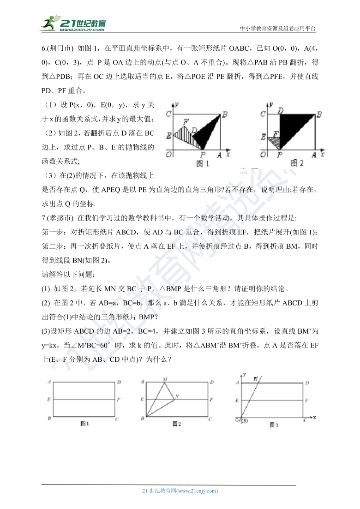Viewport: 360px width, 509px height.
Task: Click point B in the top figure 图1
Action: click(225, 114)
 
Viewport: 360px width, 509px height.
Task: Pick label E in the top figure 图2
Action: click(263, 137)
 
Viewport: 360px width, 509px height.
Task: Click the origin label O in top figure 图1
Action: click(170, 154)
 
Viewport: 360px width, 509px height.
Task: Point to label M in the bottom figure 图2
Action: click(165, 379)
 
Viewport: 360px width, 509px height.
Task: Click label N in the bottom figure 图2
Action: click(177, 396)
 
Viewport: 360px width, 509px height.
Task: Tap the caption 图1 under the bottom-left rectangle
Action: click(84, 423)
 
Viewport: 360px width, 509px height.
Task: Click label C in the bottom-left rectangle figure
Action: click(117, 419)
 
